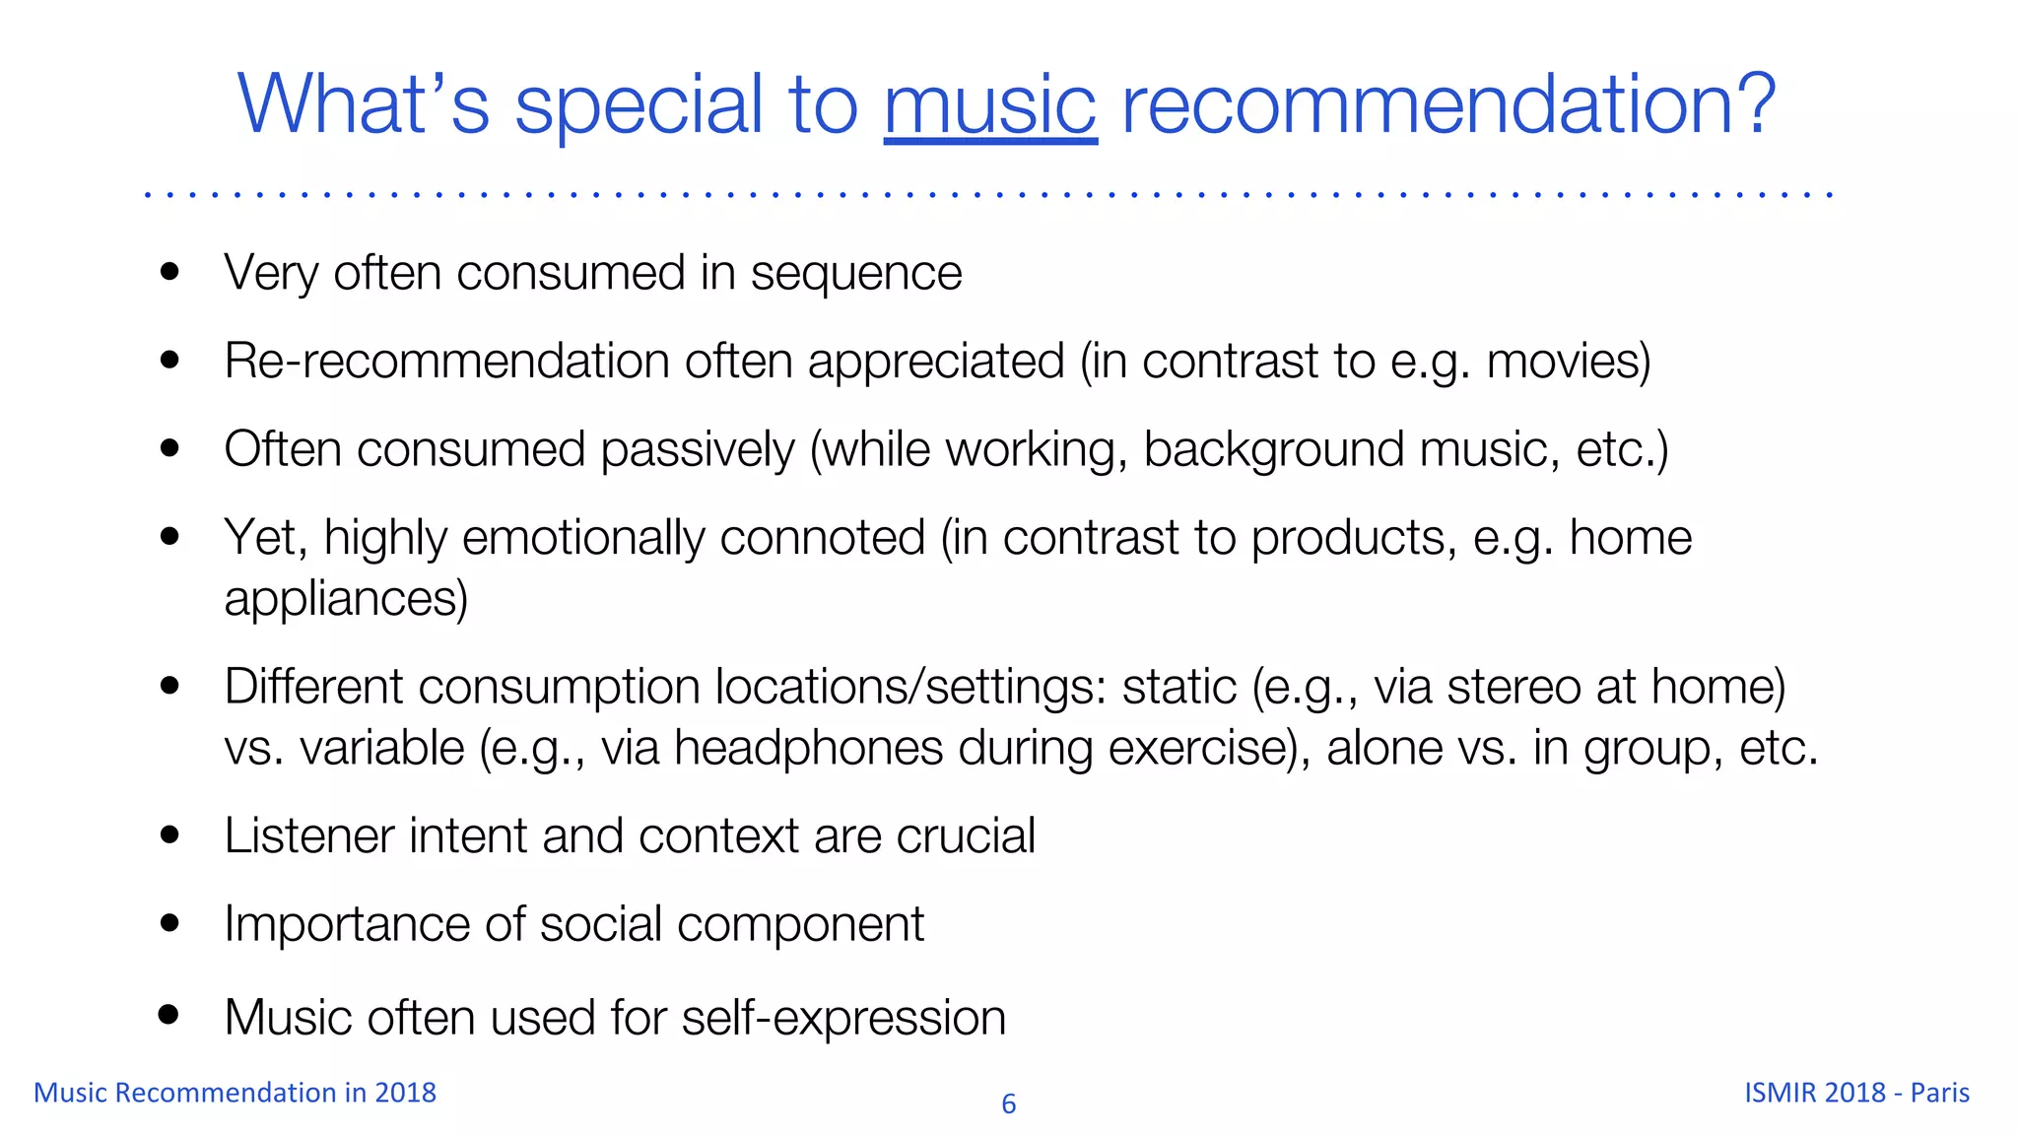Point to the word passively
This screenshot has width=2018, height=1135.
pyautogui.click(x=697, y=450)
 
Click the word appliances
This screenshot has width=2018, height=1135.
pyautogui.click(x=345, y=599)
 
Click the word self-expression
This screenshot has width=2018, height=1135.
pyautogui.click(x=843, y=1018)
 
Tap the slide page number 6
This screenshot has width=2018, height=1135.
pyautogui.click(x=1008, y=1104)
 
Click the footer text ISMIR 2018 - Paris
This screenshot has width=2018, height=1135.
pyautogui.click(x=1856, y=1093)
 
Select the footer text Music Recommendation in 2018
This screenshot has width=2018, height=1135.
pyautogui.click(x=235, y=1093)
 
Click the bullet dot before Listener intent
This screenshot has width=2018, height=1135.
pyautogui.click(x=169, y=835)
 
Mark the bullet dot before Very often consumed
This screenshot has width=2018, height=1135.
pyautogui.click(x=169, y=272)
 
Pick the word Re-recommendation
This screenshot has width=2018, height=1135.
pyautogui.click(x=446, y=361)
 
